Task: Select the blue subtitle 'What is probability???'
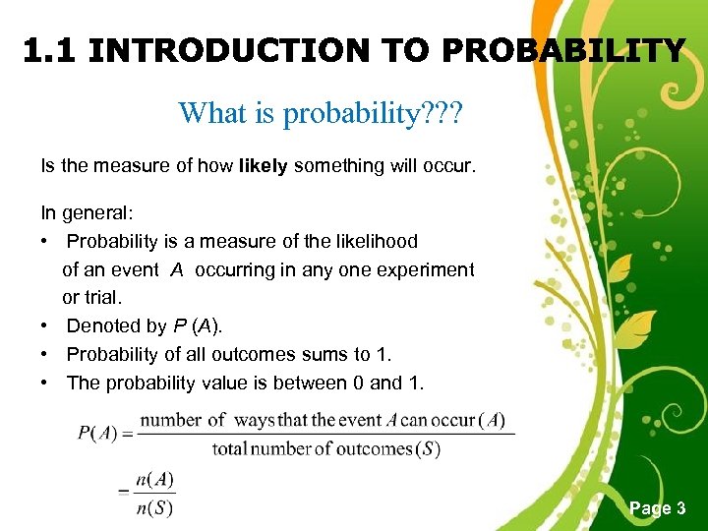[320, 113]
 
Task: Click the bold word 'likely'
[263, 166]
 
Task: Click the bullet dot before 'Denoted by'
[45, 326]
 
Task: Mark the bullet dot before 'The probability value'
[45, 383]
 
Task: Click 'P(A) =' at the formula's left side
[105, 433]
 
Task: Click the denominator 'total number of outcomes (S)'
[325, 450]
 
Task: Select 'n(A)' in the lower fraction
[156, 481]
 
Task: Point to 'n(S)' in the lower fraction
[156, 508]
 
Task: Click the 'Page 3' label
[657, 508]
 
